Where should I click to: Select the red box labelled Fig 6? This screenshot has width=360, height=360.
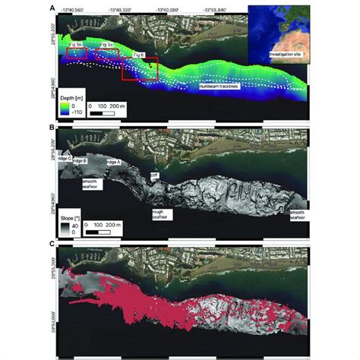tap(141, 68)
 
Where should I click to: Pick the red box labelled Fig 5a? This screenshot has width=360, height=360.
tap(106, 53)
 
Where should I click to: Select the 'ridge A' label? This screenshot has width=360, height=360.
tap(114, 163)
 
